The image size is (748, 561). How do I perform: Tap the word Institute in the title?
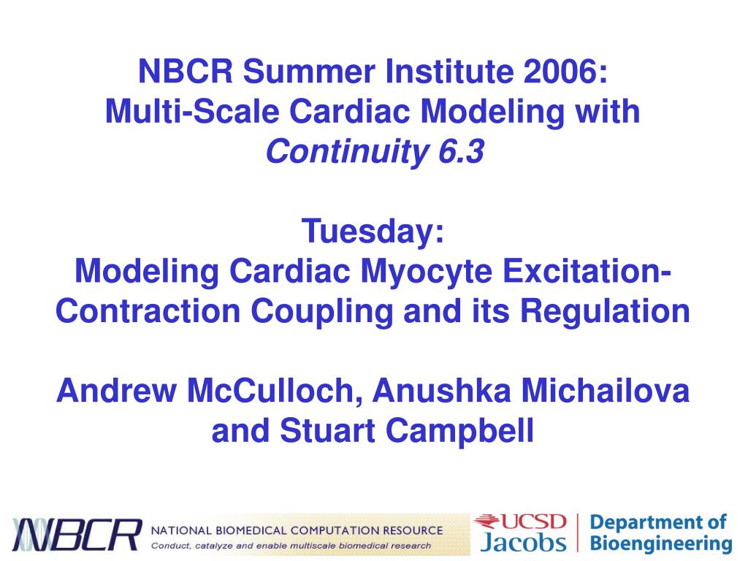pos(449,71)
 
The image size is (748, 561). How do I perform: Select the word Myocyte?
pos(427,272)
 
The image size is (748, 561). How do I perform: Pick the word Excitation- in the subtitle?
pos(587,271)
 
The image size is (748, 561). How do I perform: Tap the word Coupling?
pos(322,312)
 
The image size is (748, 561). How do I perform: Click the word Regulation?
pos(605,312)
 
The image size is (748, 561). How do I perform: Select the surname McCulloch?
pos(270,392)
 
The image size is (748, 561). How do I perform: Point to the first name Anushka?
pos(441,391)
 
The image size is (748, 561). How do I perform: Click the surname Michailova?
pos(605,391)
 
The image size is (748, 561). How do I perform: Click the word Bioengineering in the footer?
pos(660,543)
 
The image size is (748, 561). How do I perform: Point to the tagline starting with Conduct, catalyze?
pos(291,545)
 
